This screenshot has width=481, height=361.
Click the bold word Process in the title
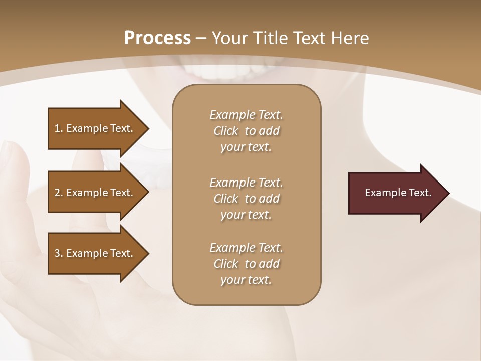[157, 38]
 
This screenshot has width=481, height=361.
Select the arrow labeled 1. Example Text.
[95, 128]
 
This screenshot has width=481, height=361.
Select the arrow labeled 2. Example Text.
[95, 193]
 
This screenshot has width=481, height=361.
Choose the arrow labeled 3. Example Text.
[95, 253]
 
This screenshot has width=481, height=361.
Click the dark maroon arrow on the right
[396, 193]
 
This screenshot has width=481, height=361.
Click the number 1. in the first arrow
[59, 128]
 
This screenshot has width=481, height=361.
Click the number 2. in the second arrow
[59, 193]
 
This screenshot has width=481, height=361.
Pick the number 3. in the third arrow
[59, 253]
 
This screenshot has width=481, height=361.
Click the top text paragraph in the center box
[246, 131]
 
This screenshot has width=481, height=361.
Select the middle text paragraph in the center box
[246, 198]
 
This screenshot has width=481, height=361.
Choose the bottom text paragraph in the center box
[246, 264]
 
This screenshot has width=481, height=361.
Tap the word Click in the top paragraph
[225, 131]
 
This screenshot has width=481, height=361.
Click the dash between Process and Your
[201, 38]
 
